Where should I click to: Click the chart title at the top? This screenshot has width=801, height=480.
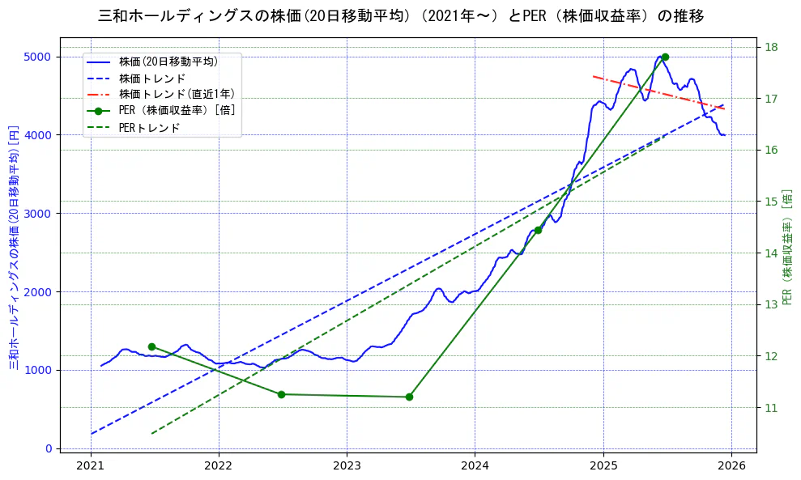point(400,15)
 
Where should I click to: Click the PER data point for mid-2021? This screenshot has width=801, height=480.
point(151,346)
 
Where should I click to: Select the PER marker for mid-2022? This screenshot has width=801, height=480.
point(281,394)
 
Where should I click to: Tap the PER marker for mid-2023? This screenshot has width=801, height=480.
point(409,397)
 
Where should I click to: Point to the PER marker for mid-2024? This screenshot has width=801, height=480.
point(538,230)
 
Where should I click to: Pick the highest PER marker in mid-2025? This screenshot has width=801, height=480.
point(665,57)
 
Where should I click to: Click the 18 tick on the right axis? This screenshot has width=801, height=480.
point(770,47)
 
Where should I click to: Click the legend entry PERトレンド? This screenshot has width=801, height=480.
point(149,128)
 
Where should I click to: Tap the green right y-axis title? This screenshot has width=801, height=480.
point(786,247)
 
